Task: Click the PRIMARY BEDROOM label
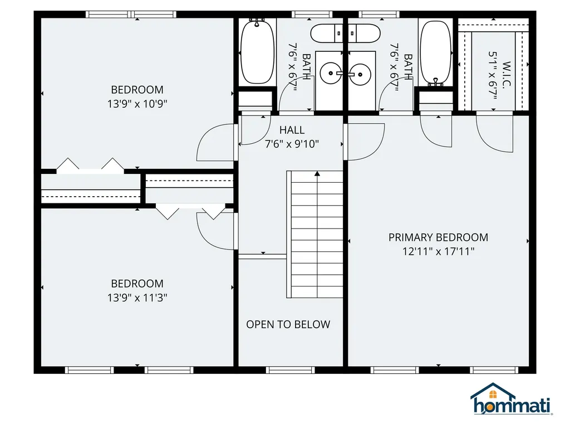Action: pyautogui.click(x=438, y=237)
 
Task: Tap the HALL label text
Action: pyautogui.click(x=292, y=130)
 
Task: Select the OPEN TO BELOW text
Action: pyautogui.click(x=288, y=324)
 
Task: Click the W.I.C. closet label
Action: pyautogui.click(x=507, y=74)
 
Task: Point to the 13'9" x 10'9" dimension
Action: pyautogui.click(x=137, y=104)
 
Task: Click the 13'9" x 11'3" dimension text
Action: pyautogui.click(x=137, y=298)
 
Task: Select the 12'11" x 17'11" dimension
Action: pyautogui.click(x=439, y=251)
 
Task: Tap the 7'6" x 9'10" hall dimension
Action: pyautogui.click(x=292, y=144)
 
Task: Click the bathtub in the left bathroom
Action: pyautogui.click(x=257, y=52)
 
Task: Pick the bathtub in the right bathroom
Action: pyautogui.click(x=435, y=52)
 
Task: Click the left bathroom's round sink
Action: pyautogui.click(x=331, y=73)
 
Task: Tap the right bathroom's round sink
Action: pyautogui.click(x=360, y=74)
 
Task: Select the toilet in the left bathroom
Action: pyautogui.click(x=326, y=33)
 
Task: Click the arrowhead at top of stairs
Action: pyautogui.click(x=317, y=174)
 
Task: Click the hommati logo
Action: pyautogui.click(x=512, y=399)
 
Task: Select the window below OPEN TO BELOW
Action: pyautogui.click(x=290, y=370)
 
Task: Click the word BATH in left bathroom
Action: pyautogui.click(x=307, y=66)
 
